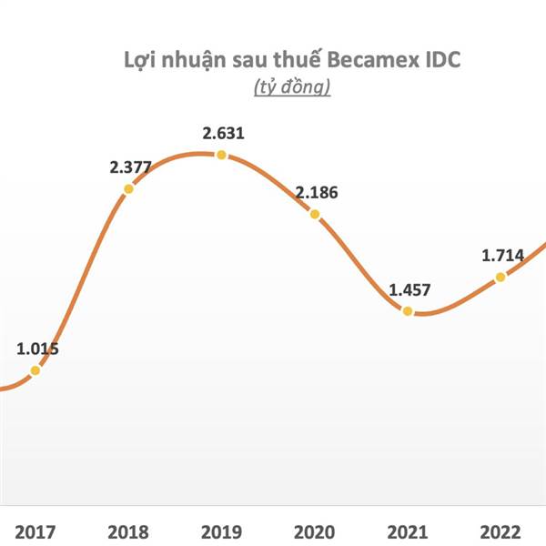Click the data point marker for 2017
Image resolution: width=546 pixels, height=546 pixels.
(x=35, y=369)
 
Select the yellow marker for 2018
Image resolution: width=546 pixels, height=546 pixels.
(x=128, y=188)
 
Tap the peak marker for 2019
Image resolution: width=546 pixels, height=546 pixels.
(x=221, y=155)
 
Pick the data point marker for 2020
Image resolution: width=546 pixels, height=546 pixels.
(x=315, y=214)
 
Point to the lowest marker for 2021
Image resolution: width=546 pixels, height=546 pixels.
(x=408, y=311)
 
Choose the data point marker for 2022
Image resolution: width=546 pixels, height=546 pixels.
(x=500, y=277)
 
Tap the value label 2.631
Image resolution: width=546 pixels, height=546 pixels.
(x=225, y=134)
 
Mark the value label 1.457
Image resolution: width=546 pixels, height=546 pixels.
(x=410, y=290)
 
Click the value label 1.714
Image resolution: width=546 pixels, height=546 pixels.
(x=503, y=255)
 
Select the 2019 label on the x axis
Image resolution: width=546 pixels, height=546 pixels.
(x=220, y=530)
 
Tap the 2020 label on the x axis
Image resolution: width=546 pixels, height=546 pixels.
(x=313, y=530)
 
